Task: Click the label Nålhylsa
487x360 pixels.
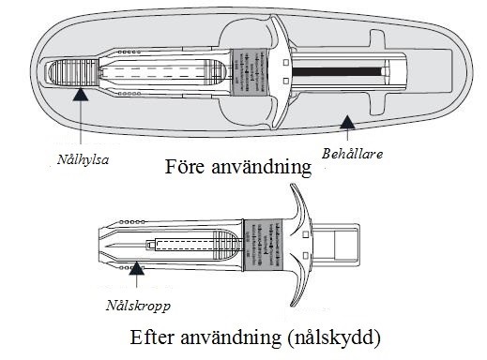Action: coord(83,160)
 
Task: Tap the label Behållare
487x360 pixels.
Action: coord(352,154)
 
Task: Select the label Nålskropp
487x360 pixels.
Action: coord(138,306)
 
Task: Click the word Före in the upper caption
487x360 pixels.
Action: coord(185,167)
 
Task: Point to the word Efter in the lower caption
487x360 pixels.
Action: coord(151,337)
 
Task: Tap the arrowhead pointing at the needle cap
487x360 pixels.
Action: coord(81,94)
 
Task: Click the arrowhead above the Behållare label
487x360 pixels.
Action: coord(347,122)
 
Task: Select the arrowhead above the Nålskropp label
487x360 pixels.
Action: coord(137,268)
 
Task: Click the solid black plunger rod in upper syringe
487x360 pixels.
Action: coord(337,72)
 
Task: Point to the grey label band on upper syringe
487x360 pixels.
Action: coord(249,72)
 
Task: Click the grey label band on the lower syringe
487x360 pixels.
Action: coord(263,245)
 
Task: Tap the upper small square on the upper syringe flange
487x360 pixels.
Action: coord(286,63)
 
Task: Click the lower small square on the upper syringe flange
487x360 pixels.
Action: coord(286,82)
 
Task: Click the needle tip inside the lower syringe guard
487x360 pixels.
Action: coord(107,247)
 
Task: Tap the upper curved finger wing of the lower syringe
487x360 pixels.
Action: coord(299,206)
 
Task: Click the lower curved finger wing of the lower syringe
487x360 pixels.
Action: coord(299,281)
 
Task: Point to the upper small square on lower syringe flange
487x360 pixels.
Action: coord(306,234)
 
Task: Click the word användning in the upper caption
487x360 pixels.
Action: coord(262,167)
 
